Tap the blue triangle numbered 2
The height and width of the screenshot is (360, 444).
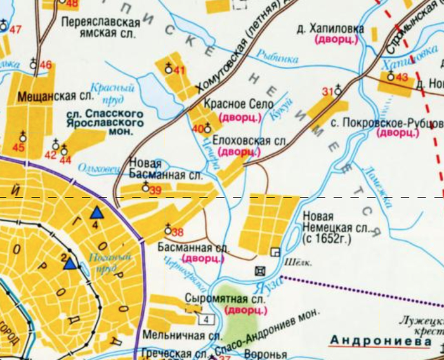[x=70, y=263]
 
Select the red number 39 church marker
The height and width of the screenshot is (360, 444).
[x=155, y=190]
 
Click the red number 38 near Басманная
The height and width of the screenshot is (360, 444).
[x=178, y=232]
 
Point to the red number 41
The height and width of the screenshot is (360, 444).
[x=180, y=70]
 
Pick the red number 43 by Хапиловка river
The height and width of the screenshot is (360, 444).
[x=402, y=77]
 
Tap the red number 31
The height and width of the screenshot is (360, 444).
[x=327, y=92]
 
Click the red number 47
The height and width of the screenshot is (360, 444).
[x=15, y=30]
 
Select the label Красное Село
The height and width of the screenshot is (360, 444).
[x=238, y=104]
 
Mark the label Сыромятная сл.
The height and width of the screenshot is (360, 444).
[x=215, y=298]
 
